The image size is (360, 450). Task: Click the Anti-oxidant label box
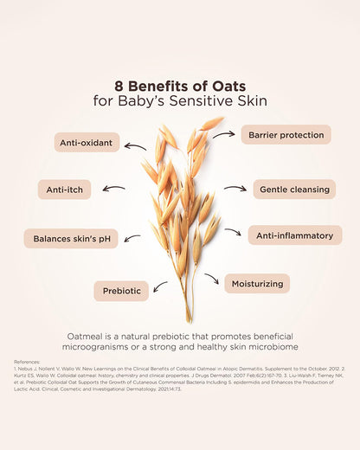click(87, 143)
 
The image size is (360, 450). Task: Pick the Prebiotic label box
click(122, 291)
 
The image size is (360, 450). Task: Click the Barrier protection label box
click(285, 134)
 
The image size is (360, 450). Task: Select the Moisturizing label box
click(256, 283)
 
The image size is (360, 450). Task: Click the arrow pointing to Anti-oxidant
click(136, 145)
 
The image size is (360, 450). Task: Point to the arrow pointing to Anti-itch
click(113, 188)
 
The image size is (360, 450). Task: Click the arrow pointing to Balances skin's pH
click(132, 236)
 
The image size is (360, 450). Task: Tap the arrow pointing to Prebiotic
click(160, 286)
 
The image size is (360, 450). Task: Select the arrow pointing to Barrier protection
click(224, 135)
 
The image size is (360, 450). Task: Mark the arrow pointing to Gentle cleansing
click(235, 188)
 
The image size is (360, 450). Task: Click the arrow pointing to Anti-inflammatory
click(233, 232)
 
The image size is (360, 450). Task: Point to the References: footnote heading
click(28, 362)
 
